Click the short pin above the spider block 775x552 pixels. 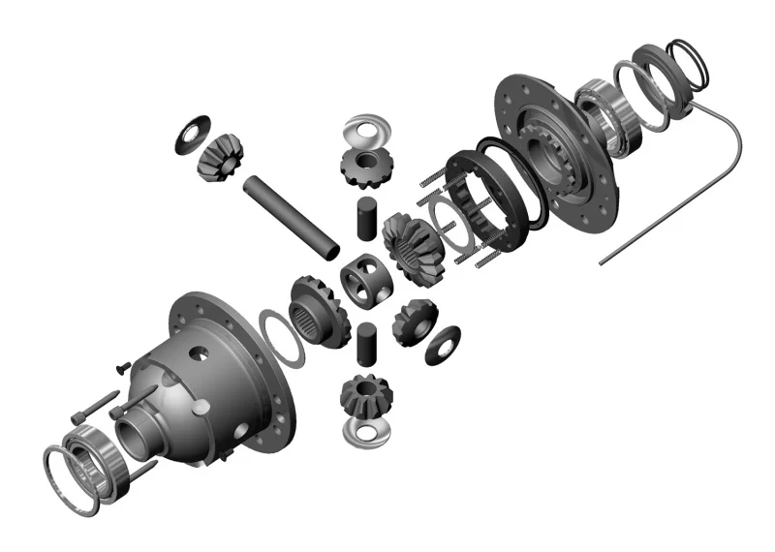coord(366,219)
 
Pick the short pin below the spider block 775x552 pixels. coord(366,344)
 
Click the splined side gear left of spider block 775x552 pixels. coord(315,310)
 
